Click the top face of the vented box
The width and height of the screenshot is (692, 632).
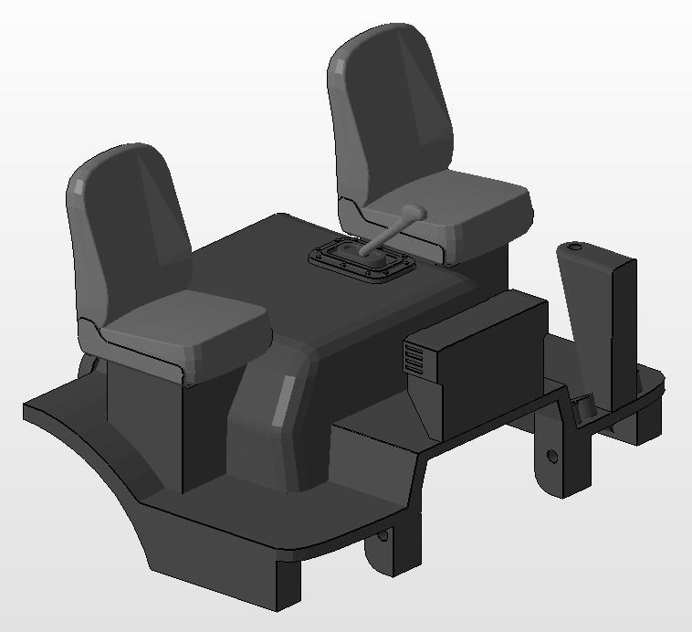(475, 320)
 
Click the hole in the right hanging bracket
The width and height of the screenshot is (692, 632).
(550, 454)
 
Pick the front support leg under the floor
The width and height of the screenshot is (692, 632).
(278, 585)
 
